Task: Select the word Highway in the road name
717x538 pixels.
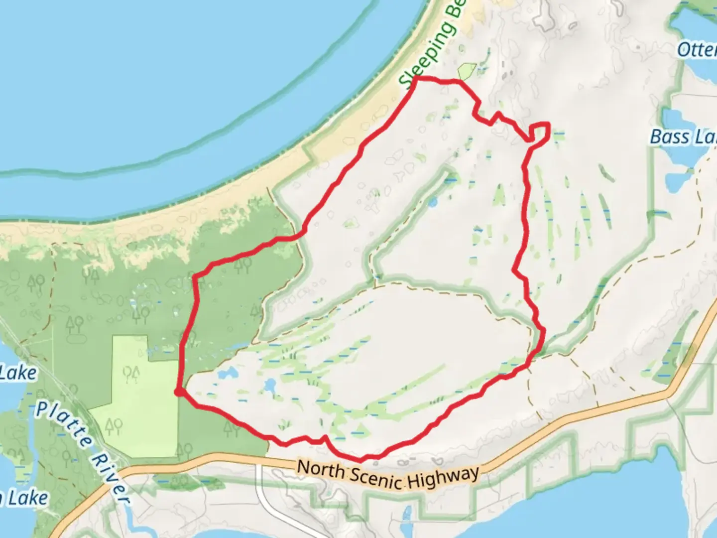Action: click(443, 478)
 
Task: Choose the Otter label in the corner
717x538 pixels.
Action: click(697, 49)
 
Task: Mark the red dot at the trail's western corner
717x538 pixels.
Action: click(178, 393)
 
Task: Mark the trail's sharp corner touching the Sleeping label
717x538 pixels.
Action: click(415, 79)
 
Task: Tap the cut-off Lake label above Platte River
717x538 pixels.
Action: click(18, 373)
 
